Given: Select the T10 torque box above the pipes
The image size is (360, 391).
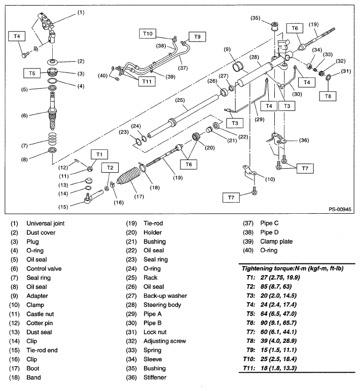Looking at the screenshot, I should [150, 33].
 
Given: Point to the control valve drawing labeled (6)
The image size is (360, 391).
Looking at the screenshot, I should [54, 116].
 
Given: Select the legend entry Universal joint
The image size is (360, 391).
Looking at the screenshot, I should [46, 223].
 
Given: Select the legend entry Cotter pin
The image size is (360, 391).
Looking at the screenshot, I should [41, 323].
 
